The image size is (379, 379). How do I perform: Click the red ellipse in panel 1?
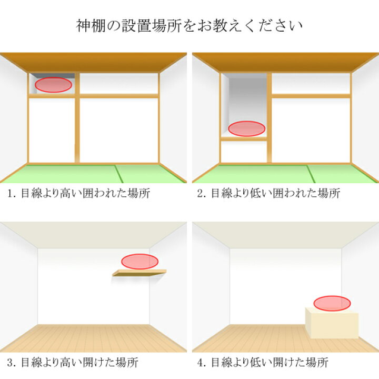coord(53,85)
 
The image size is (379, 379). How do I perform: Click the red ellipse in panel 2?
coord(246,129)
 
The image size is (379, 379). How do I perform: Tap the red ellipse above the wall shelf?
coord(139,262)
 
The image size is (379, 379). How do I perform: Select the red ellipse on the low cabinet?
coord(332,303)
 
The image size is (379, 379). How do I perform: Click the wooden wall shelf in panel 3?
coord(139,273)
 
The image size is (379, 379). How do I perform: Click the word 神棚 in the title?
coord(91,26)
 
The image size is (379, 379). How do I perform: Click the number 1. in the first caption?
coord(12,194)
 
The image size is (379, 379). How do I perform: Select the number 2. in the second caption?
coord(202,194)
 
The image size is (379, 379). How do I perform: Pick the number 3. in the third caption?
coord(12,363)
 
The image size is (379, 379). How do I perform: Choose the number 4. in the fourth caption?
coord(202,363)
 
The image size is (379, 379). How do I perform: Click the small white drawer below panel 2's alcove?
coord(244,152)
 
